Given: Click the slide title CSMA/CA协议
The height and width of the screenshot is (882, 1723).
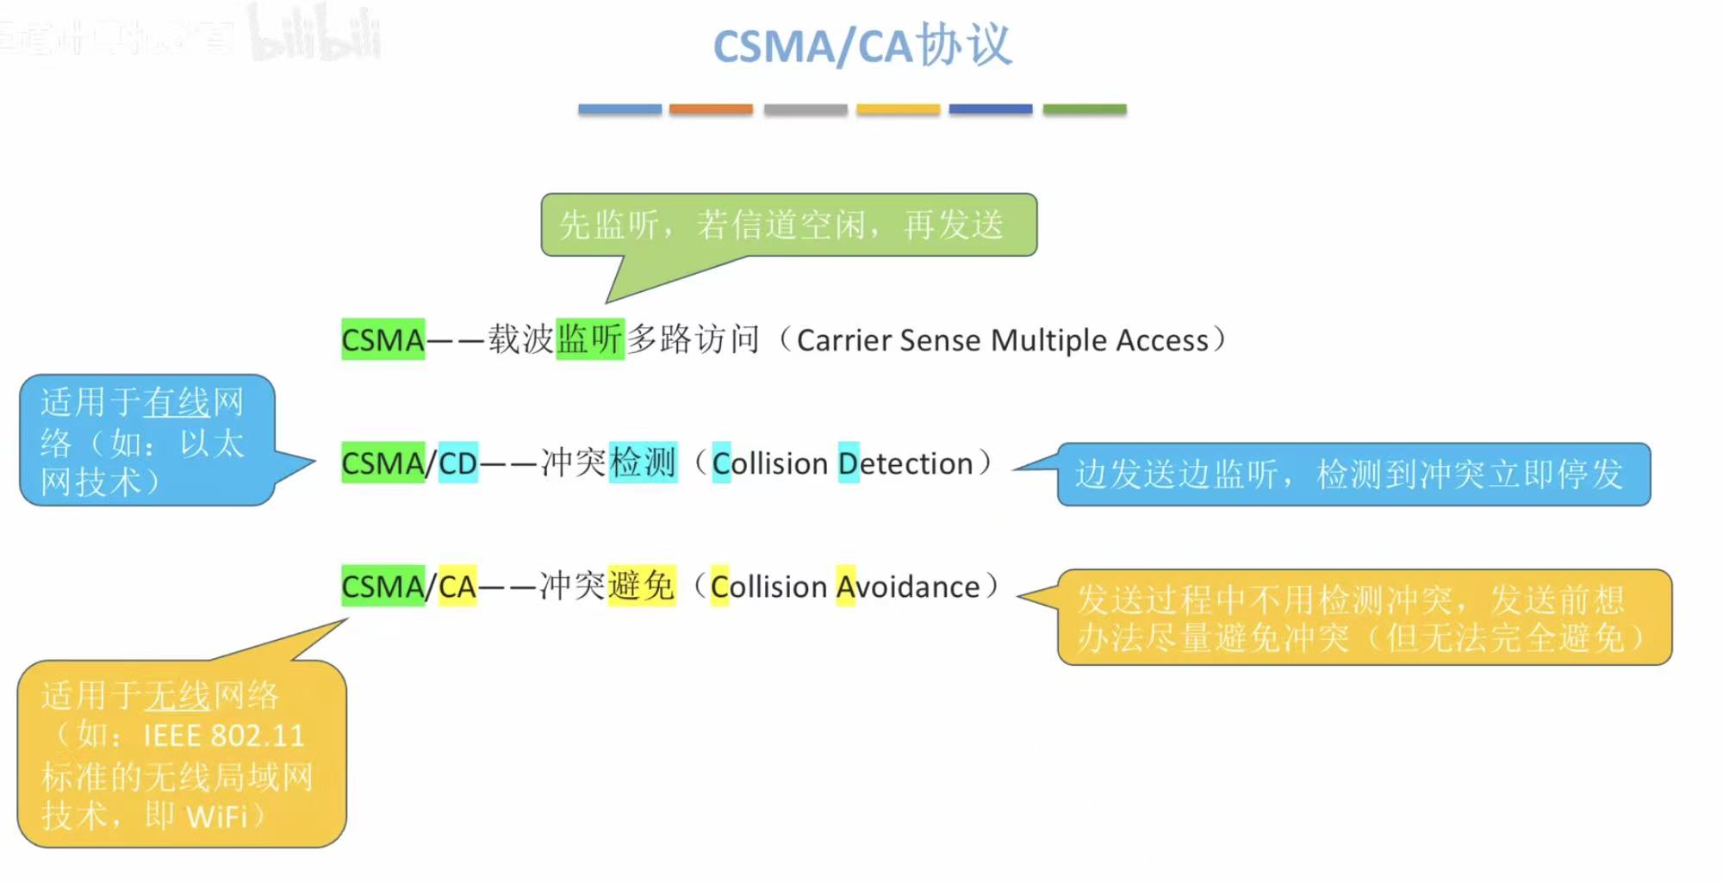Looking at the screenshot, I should click(x=862, y=45).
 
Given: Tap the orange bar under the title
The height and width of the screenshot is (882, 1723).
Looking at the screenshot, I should click(x=711, y=109).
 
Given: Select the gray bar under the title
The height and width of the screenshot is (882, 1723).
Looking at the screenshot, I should click(x=806, y=109).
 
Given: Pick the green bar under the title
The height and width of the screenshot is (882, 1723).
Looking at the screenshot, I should click(x=1085, y=109).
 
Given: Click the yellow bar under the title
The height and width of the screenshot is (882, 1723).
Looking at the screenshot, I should click(x=898, y=109).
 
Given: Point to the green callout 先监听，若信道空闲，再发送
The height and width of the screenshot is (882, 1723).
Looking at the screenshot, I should click(x=787, y=225).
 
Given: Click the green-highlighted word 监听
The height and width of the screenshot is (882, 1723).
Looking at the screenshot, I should click(x=590, y=339).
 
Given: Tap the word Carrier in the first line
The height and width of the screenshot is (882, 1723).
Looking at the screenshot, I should click(x=843, y=340).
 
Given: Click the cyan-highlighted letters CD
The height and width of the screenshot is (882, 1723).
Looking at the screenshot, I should click(x=458, y=463).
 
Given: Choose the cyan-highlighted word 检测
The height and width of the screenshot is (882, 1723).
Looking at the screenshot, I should click(x=643, y=463).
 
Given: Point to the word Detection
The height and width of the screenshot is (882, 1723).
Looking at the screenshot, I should click(x=905, y=463).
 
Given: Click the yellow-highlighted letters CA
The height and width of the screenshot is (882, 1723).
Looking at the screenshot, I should click(x=457, y=587).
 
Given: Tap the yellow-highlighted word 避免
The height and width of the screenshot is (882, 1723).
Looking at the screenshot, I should click(x=641, y=586).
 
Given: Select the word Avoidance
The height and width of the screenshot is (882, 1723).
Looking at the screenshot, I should click(x=908, y=587).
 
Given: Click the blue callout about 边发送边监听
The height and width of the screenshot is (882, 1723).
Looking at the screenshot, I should click(x=1353, y=474).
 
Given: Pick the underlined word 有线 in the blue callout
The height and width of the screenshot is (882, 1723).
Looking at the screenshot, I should click(x=177, y=402).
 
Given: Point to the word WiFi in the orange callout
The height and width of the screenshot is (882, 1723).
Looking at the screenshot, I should click(x=217, y=816).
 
